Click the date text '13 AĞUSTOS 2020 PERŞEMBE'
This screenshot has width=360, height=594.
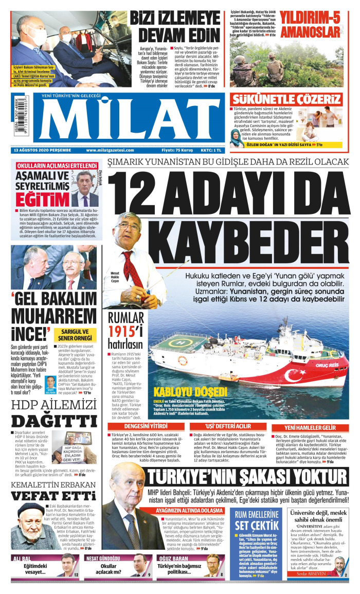point(43,150)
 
